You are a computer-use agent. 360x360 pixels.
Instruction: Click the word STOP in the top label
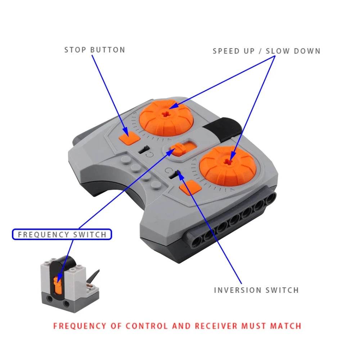tap(76, 50)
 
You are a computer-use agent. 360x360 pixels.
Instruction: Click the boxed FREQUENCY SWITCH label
tap(62, 235)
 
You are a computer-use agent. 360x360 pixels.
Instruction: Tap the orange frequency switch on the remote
tap(178, 148)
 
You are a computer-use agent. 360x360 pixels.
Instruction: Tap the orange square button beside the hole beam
tap(189, 188)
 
